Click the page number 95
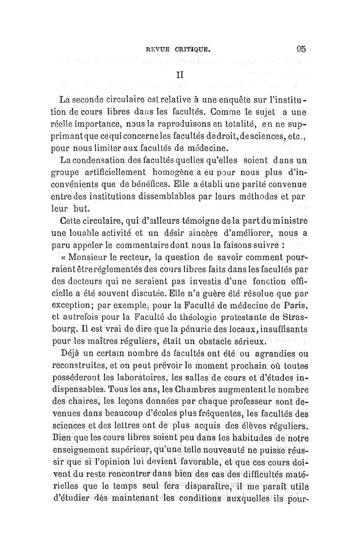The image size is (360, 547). coord(301,49)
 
